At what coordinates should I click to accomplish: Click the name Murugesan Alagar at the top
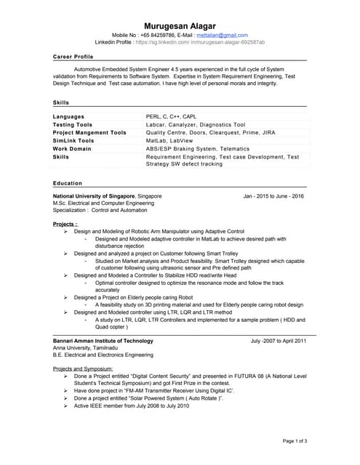pyautogui.click(x=179, y=26)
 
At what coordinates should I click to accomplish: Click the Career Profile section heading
pyautogui.click(x=73, y=56)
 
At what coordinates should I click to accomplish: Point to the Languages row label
pyautogui.click(x=68, y=116)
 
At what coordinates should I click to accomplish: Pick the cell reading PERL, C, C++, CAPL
pyautogui.click(x=171, y=116)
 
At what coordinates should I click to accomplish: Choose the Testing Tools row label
pyautogui.click(x=73, y=124)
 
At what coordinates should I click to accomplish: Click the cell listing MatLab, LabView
pyautogui.click(x=167, y=140)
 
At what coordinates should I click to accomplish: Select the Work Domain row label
pyautogui.click(x=72, y=148)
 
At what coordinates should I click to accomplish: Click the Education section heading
pyautogui.click(x=68, y=183)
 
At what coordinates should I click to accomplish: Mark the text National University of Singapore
pyautogui.click(x=94, y=196)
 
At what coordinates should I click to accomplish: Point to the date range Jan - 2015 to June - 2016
pyautogui.click(x=273, y=196)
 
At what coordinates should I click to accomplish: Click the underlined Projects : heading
pyautogui.click(x=65, y=224)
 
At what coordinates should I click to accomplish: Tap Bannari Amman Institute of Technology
pyautogui.click(x=103, y=340)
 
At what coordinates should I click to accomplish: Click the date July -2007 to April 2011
pyautogui.click(x=278, y=340)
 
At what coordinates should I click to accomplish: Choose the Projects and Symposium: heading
pyautogui.click(x=83, y=369)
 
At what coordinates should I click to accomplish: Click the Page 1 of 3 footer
pyautogui.click(x=295, y=441)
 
